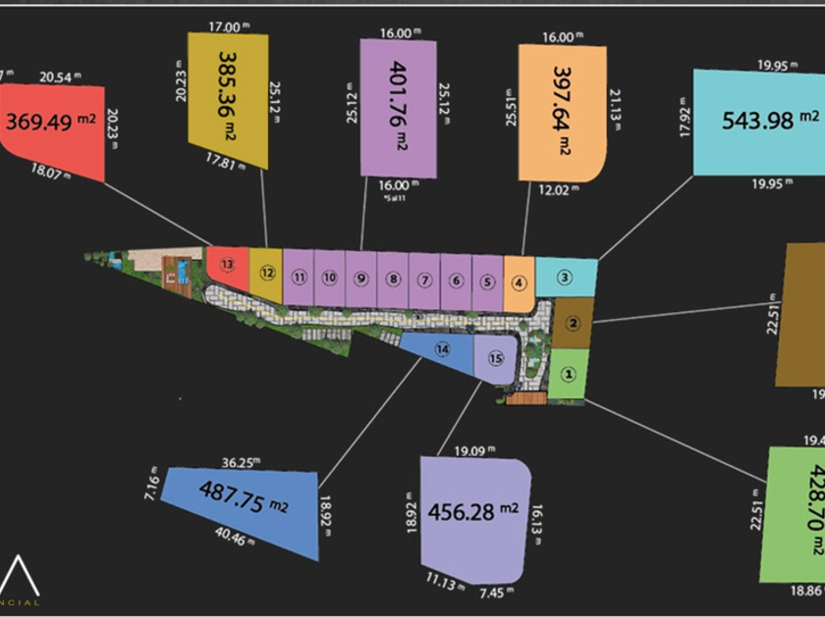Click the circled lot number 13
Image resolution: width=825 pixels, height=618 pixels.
tap(228, 265)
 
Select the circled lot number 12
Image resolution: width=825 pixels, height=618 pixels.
tap(265, 271)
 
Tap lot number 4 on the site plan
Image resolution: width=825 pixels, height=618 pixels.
tap(520, 283)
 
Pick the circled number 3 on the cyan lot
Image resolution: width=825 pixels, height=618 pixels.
tap(564, 277)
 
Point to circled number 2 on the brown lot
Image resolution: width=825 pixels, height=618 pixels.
tap(575, 324)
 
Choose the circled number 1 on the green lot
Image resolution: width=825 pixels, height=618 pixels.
tap(567, 374)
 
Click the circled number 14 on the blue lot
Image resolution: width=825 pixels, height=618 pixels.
tap(442, 349)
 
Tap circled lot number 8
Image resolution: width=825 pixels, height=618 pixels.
tap(393, 280)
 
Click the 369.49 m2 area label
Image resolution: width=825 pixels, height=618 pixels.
tap(51, 123)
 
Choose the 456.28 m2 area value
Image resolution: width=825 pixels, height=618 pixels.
tap(473, 511)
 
